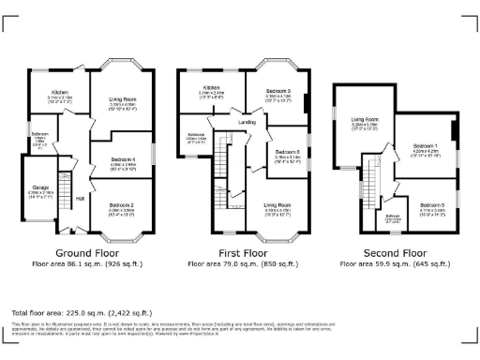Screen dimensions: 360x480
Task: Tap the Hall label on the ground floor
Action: point(80,199)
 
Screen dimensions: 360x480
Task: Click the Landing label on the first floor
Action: point(247,121)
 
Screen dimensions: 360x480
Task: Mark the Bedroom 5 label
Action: point(432,204)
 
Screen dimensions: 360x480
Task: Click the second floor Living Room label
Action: point(364,120)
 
